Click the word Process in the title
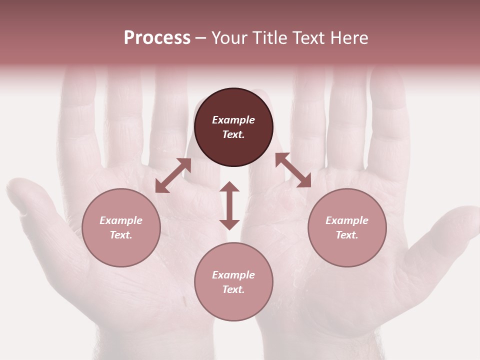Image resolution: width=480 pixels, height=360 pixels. (157, 38)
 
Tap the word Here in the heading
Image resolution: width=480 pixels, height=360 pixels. (349, 38)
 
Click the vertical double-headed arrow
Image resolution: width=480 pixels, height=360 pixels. (229, 205)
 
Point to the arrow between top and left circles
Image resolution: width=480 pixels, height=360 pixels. (173, 175)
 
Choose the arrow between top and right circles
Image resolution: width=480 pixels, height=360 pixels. (293, 170)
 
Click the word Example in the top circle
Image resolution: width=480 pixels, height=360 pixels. (233, 120)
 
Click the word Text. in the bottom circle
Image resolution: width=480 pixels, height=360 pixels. (233, 289)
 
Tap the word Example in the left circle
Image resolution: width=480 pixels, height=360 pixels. (121, 220)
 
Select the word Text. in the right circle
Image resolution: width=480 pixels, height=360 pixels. (347, 235)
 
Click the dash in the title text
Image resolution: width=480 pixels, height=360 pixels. (200, 38)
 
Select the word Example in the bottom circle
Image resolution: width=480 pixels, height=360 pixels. (233, 275)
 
